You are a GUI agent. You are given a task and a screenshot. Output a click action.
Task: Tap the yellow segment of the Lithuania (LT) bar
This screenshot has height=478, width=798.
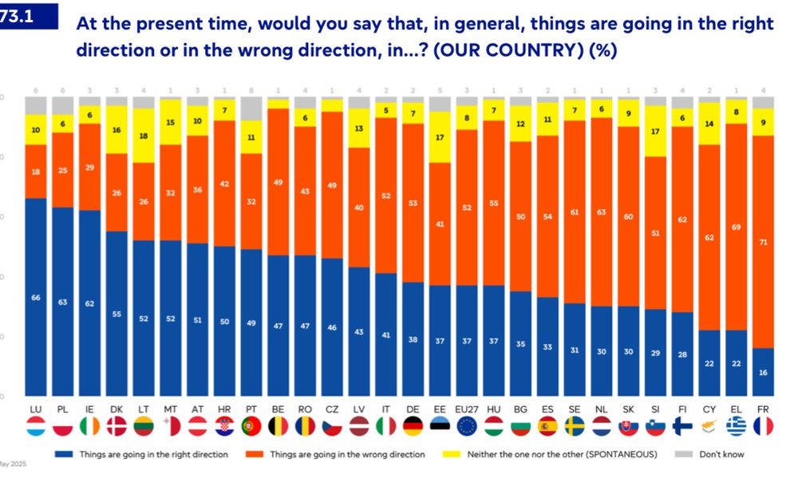point(144,136)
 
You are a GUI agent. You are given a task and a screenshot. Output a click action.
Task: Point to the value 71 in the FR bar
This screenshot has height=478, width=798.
point(764,241)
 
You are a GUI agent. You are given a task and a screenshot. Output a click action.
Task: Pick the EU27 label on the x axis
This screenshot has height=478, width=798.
point(467,408)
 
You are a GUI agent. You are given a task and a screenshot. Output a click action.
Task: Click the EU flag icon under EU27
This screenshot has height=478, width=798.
point(467,426)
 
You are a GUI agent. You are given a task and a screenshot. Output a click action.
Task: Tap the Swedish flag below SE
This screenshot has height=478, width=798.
point(575,426)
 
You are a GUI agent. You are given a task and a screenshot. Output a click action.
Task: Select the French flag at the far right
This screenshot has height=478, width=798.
point(764,426)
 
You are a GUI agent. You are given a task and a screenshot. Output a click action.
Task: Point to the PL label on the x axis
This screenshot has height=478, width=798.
point(63,408)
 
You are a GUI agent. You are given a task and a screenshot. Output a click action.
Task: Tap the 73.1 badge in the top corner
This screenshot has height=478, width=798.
point(24,14)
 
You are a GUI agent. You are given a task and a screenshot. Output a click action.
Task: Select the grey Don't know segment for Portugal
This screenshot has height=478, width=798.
point(251,109)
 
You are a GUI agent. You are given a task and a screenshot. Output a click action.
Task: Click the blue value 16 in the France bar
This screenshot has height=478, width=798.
point(764,372)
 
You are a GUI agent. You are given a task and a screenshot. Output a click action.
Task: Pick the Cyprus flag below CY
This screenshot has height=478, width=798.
point(709,426)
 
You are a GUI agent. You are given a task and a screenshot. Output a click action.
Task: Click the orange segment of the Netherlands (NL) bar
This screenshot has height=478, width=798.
point(602,212)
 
